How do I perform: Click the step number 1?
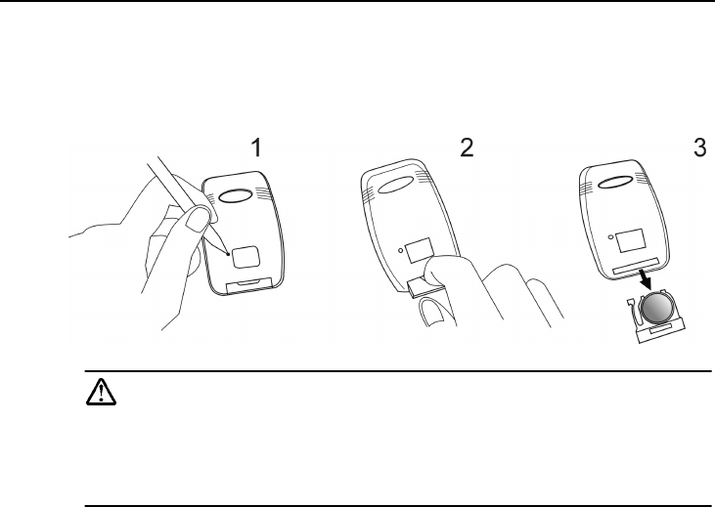click(x=257, y=148)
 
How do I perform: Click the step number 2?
click(x=467, y=148)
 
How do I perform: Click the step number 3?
click(x=700, y=148)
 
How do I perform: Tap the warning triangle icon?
click(x=101, y=392)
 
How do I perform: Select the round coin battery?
click(x=656, y=309)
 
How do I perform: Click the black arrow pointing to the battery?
click(x=645, y=278)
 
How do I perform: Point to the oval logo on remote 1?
click(x=236, y=195)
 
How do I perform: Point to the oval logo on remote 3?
click(x=615, y=182)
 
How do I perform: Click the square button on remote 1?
click(x=246, y=257)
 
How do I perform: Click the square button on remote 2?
click(x=419, y=250)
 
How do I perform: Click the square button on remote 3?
click(x=631, y=241)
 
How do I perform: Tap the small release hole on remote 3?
click(x=610, y=236)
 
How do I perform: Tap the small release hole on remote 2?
click(x=400, y=250)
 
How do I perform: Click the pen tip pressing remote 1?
click(x=228, y=254)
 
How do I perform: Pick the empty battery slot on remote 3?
click(x=636, y=266)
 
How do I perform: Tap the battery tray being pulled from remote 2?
click(x=425, y=287)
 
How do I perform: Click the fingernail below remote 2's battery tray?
click(x=432, y=313)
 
